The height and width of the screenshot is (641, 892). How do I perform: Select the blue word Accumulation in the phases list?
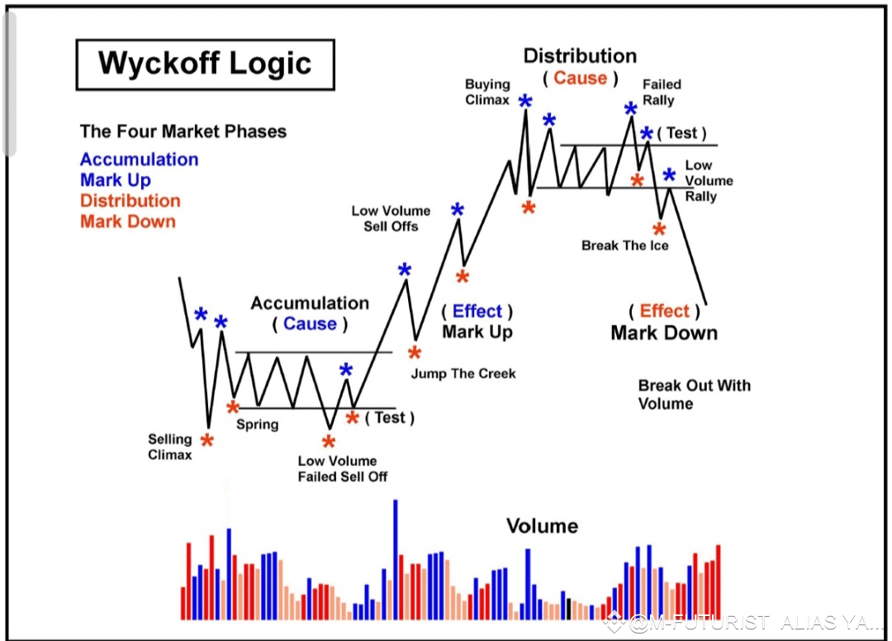click(x=140, y=159)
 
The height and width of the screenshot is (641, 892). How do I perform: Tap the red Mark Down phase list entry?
click(x=128, y=221)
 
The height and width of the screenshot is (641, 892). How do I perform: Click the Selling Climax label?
click(x=169, y=447)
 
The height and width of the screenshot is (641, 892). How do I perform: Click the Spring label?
click(x=257, y=425)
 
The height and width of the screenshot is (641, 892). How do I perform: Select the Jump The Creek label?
click(x=463, y=373)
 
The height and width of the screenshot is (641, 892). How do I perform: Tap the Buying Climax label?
click(x=487, y=93)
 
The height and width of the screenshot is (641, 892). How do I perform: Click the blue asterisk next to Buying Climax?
click(x=525, y=102)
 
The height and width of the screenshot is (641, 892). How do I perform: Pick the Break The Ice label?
click(x=624, y=245)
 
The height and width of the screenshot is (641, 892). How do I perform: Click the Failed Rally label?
click(x=662, y=93)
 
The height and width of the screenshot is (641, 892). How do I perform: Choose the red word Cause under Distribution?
click(x=581, y=78)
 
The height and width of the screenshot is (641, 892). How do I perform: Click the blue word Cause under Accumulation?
click(x=310, y=324)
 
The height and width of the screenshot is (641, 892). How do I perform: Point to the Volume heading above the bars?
click(x=542, y=526)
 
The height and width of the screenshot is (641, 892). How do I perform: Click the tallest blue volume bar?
click(x=396, y=560)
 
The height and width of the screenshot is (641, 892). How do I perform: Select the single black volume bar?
click(x=568, y=609)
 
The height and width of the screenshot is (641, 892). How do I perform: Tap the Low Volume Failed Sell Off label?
click(x=343, y=468)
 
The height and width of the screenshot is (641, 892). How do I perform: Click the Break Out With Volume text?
click(x=694, y=395)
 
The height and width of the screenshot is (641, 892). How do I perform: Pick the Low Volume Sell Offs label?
click(x=391, y=218)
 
